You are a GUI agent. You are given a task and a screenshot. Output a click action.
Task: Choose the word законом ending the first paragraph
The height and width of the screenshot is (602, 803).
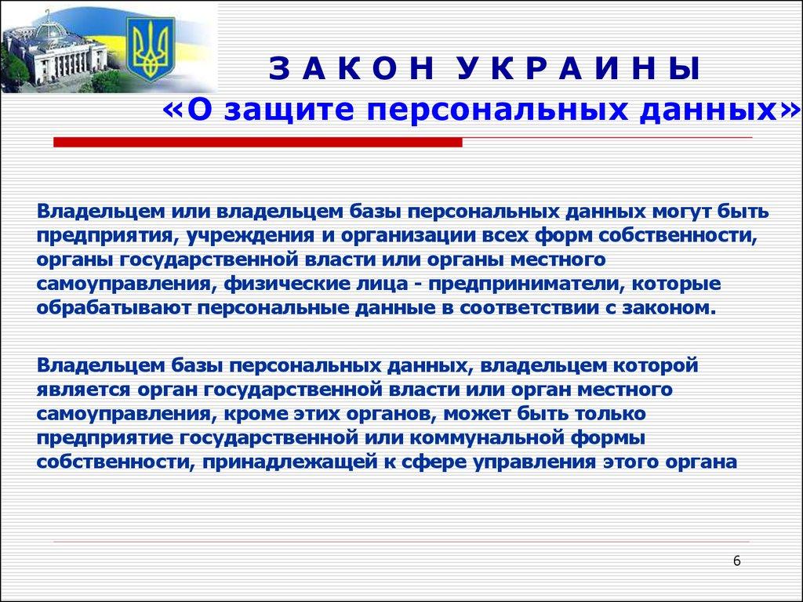pyautogui.click(x=652, y=306)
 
